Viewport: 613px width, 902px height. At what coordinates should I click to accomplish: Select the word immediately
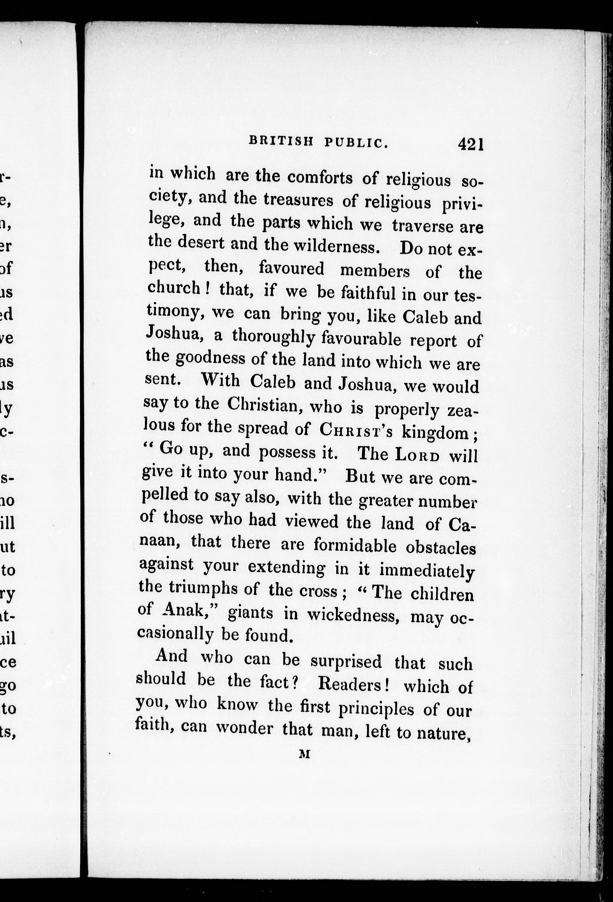point(427,570)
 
